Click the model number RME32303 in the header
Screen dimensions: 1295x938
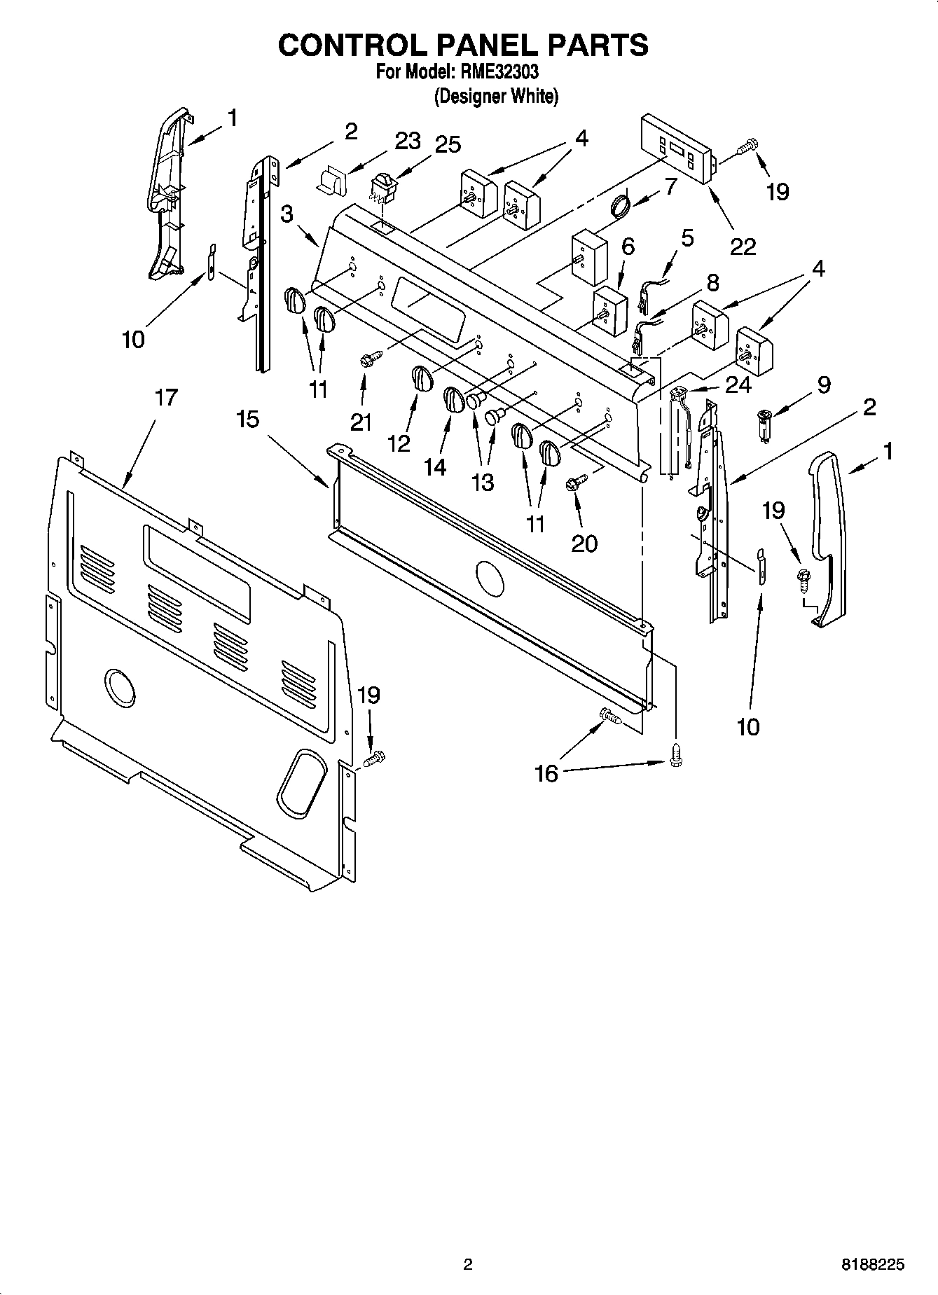[x=499, y=71]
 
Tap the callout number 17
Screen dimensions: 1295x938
[x=166, y=398]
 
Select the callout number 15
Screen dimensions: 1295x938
[x=247, y=420]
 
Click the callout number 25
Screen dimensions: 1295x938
[x=448, y=144]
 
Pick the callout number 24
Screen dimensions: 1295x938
[x=738, y=385]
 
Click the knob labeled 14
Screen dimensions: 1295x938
[x=453, y=401]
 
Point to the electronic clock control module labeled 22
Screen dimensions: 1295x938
[x=676, y=150]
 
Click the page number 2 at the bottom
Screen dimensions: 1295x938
[x=468, y=1265]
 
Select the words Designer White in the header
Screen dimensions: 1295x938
[x=496, y=97]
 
